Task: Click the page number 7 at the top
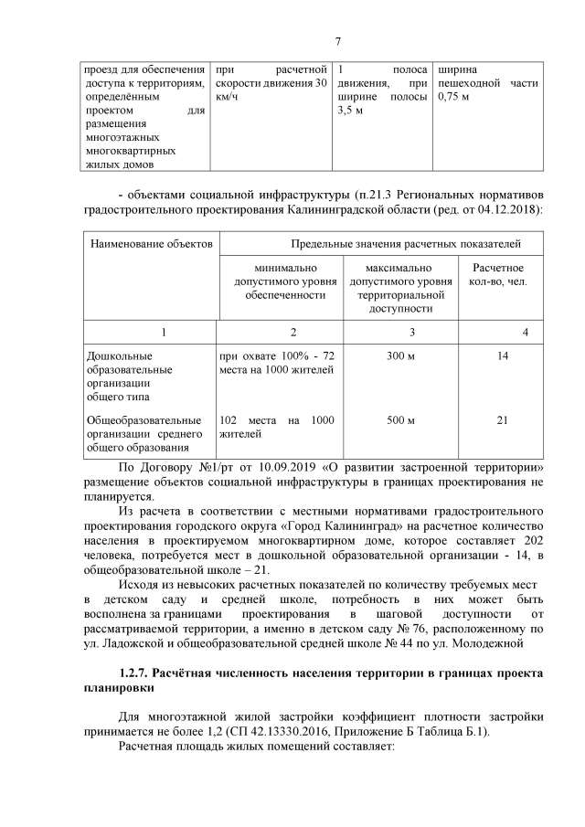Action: tap(337, 40)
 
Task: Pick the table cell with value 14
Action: tap(502, 355)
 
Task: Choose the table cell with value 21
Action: tap(502, 420)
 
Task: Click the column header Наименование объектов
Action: tap(151, 244)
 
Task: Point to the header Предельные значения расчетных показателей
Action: tap(406, 244)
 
